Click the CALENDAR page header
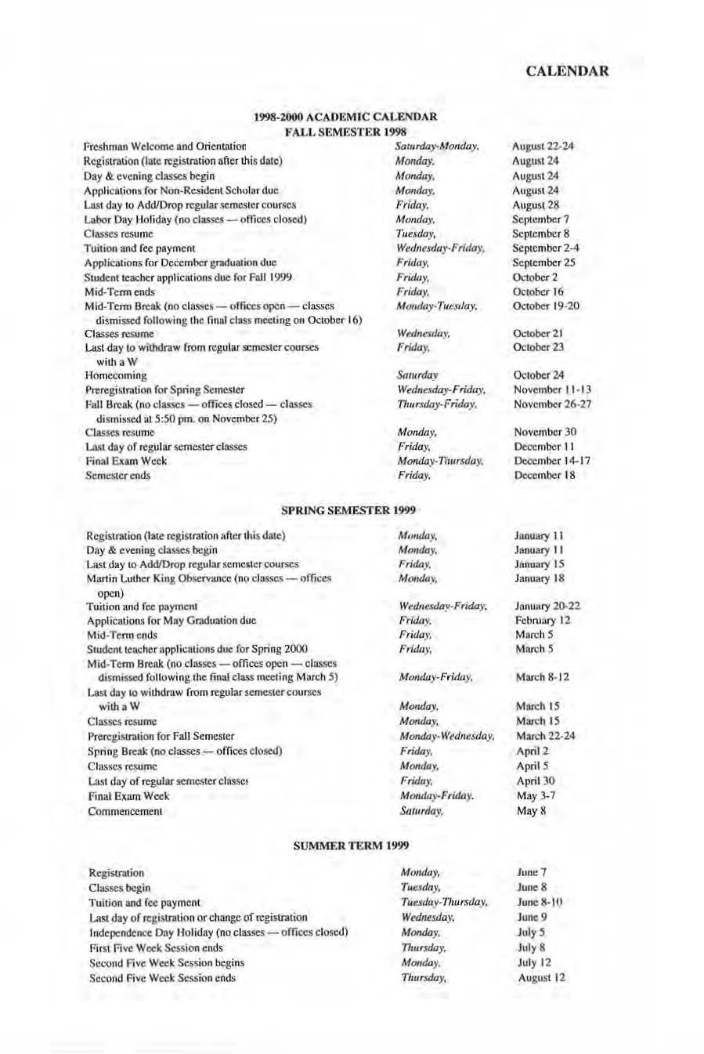tap(567, 71)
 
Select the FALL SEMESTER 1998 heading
tap(345, 131)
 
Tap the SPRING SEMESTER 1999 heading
tap(348, 510)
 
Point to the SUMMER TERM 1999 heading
tap(351, 846)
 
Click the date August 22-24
tap(543, 147)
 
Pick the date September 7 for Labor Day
tap(540, 219)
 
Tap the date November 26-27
tap(552, 404)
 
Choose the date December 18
tap(544, 476)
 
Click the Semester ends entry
tap(117, 476)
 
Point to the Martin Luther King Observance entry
tap(208, 578)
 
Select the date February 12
tap(543, 621)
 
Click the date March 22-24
tap(545, 736)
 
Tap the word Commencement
tap(125, 811)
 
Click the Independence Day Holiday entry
tap(218, 933)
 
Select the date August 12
tap(541, 978)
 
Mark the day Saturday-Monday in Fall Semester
tap(437, 147)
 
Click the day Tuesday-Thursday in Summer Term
tap(444, 903)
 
